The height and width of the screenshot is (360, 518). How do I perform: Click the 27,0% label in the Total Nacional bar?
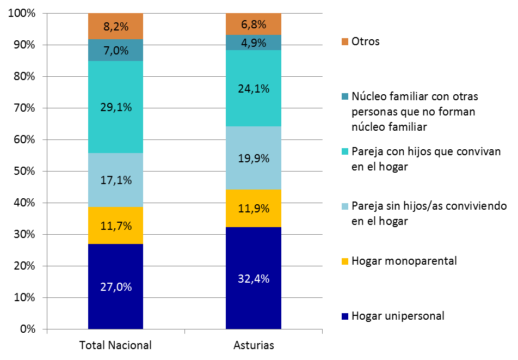pyautogui.click(x=115, y=287)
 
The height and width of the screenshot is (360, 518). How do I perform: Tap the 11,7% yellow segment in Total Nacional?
pyautogui.click(x=115, y=225)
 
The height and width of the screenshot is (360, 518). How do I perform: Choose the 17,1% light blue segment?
pyautogui.click(x=115, y=180)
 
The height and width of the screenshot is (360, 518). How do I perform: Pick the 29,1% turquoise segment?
pyautogui.click(x=115, y=107)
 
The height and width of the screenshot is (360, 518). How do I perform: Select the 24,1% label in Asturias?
pyautogui.click(x=254, y=88)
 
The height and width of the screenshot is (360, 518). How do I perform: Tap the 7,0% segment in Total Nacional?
pyautogui.click(x=115, y=51)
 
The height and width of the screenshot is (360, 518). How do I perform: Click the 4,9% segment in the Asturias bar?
pyautogui.click(x=254, y=42)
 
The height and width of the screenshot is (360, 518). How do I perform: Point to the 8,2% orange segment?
pyautogui.click(x=115, y=26)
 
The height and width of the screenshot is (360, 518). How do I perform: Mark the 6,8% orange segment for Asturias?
pyautogui.click(x=254, y=24)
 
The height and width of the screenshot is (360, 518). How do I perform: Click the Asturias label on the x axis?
pyautogui.click(x=254, y=345)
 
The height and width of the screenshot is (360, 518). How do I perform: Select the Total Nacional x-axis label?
pyautogui.click(x=115, y=345)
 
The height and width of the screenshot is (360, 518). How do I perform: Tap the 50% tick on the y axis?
pyautogui.click(x=23, y=171)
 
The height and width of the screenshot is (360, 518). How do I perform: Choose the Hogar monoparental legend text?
pyautogui.click(x=404, y=261)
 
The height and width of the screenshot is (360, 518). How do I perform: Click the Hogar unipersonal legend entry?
pyautogui.click(x=398, y=316)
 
